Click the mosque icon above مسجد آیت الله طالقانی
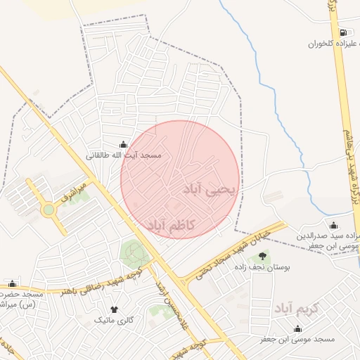coord(124,143)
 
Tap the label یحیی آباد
coord(211,188)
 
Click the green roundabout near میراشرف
coord(48,210)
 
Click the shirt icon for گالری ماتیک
coord(114,309)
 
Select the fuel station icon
coord(342,32)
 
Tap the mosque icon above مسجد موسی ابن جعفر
coord(297,328)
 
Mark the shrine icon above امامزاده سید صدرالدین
coord(333,225)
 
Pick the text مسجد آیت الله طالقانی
coord(124,154)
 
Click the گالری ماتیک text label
coord(114,321)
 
